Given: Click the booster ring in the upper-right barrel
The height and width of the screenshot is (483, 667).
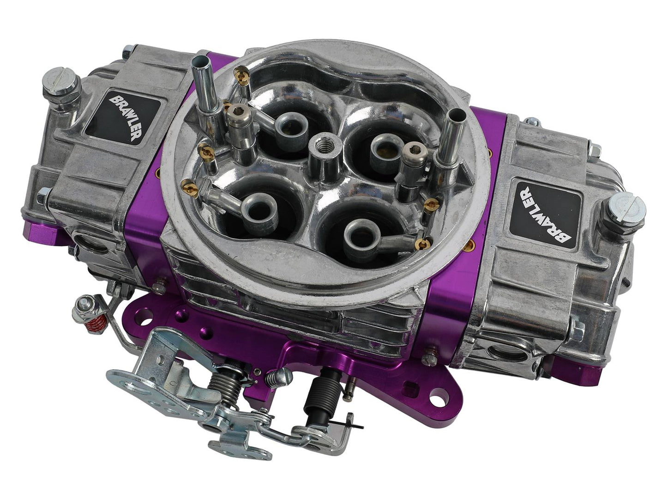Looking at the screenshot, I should (x=383, y=147).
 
